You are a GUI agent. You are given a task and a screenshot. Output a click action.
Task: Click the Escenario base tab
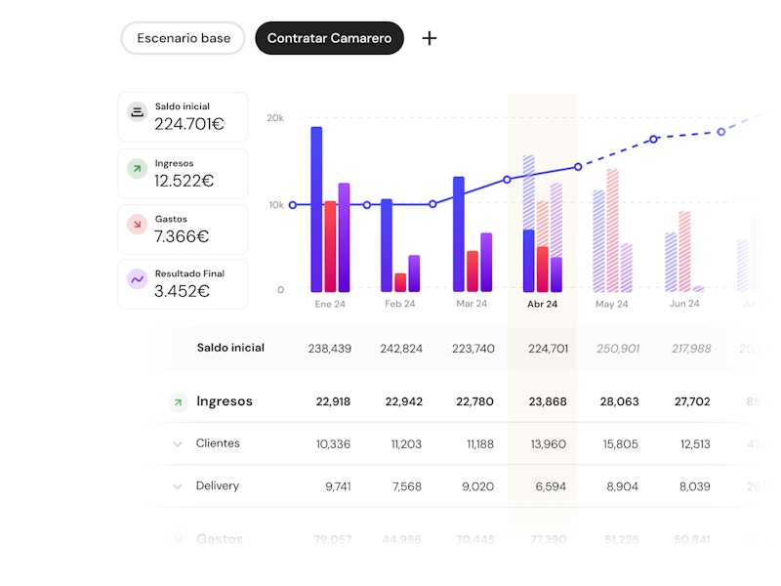point(184,38)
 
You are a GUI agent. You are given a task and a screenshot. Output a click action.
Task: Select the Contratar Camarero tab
point(329,38)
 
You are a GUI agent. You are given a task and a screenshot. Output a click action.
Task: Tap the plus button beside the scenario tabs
point(430,38)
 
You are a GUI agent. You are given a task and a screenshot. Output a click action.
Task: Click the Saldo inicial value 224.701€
point(189,124)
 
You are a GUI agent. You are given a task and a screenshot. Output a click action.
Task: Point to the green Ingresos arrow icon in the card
point(138,169)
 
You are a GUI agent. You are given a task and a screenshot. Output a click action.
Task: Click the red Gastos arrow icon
point(138,225)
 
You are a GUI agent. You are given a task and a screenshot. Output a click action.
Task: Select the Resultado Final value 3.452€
point(182,291)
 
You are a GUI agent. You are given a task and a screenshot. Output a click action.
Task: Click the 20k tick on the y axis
point(274,118)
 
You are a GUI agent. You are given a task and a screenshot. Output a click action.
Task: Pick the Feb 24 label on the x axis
point(399,304)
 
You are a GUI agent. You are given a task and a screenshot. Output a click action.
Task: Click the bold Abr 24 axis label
point(542,304)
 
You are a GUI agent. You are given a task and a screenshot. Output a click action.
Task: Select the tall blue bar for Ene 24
point(316,209)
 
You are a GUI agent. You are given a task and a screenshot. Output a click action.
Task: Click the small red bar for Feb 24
point(400,282)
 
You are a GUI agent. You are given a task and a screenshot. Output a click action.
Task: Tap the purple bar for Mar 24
point(486,262)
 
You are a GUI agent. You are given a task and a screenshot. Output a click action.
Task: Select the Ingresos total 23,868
point(547,401)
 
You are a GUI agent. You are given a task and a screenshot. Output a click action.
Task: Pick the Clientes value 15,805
point(620,444)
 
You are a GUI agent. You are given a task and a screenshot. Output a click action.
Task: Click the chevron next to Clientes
point(178,444)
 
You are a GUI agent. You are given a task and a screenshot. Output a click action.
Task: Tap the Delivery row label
point(217,486)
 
